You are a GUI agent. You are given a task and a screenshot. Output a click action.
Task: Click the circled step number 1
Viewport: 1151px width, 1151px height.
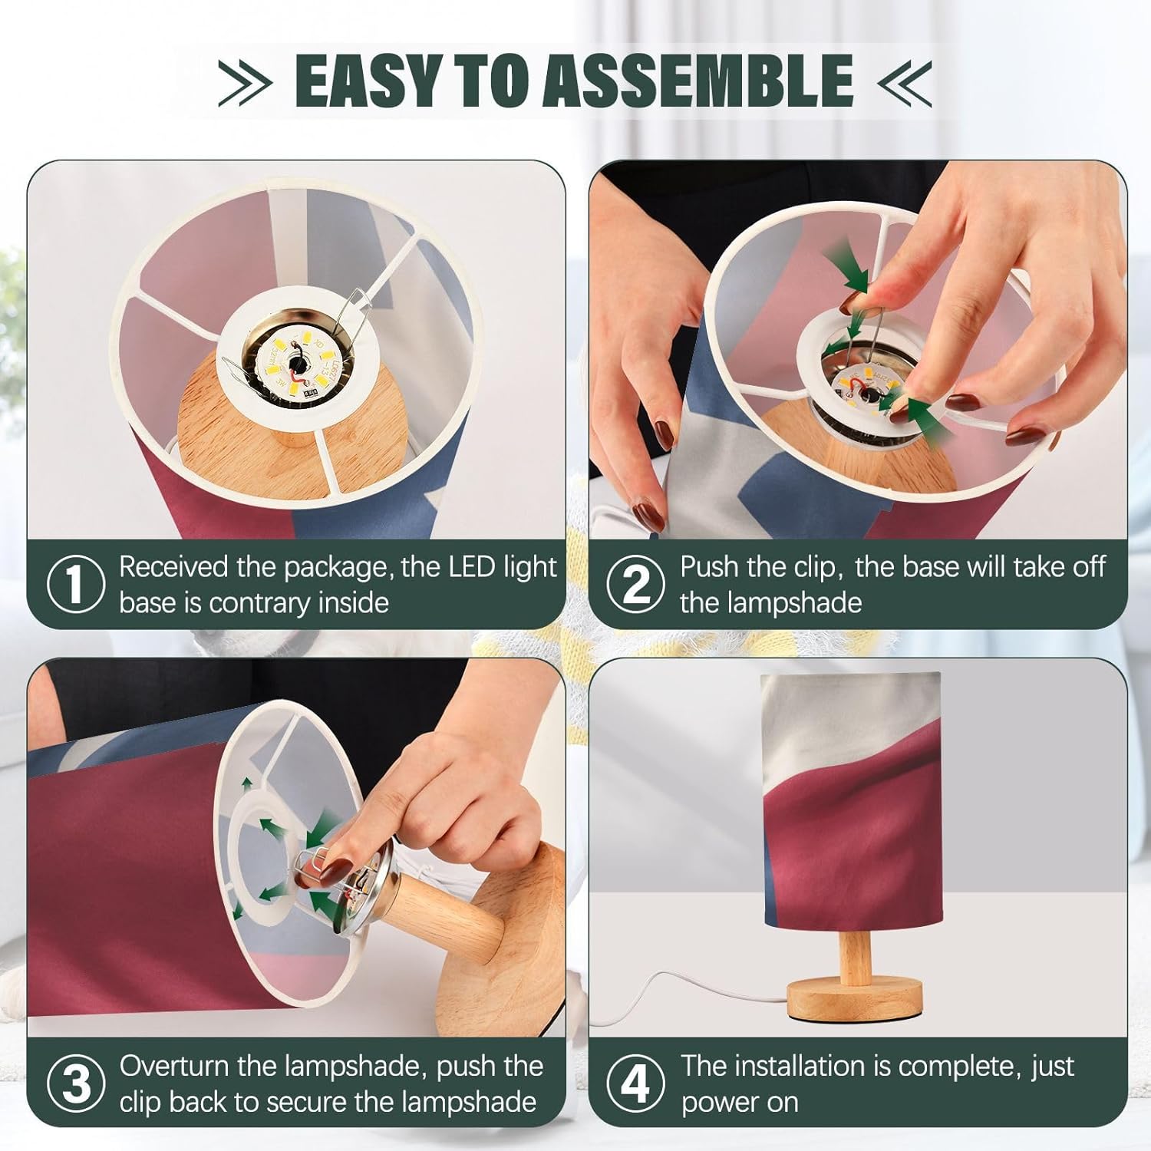(x=75, y=585)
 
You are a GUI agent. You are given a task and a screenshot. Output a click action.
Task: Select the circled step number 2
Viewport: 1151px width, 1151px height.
(x=635, y=585)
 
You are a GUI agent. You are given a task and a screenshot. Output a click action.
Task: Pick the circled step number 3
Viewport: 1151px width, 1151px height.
(x=75, y=1083)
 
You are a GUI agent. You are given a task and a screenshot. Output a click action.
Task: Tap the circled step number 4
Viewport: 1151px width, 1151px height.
(x=635, y=1083)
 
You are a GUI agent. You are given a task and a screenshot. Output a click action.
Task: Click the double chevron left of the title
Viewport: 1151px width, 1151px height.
(x=245, y=81)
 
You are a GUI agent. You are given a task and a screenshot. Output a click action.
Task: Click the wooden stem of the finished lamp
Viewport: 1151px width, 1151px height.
(x=855, y=957)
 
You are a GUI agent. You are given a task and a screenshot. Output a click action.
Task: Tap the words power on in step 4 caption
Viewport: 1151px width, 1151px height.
(x=740, y=1103)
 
